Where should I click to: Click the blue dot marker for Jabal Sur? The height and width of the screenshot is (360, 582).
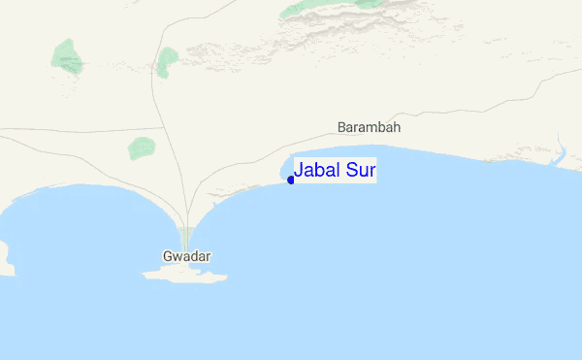click(x=291, y=180)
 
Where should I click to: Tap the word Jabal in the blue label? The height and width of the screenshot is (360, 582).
click(x=317, y=171)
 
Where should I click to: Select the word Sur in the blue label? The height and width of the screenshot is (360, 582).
click(x=361, y=171)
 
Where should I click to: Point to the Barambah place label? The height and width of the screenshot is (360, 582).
click(x=369, y=127)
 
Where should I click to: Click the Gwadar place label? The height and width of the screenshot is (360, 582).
click(x=187, y=257)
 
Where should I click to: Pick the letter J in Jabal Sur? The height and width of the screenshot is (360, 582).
click(x=299, y=171)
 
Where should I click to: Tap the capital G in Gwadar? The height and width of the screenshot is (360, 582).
click(x=168, y=257)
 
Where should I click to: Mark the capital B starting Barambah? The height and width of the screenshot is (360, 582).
click(x=341, y=127)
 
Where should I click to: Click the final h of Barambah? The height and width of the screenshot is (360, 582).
click(x=397, y=127)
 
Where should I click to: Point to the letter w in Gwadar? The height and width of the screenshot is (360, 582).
click(x=178, y=258)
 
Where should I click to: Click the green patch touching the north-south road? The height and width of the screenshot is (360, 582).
click(x=168, y=61)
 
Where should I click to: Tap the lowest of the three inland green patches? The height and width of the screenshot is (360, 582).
click(x=142, y=148)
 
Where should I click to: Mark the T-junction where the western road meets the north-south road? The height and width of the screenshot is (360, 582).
click(x=160, y=128)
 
